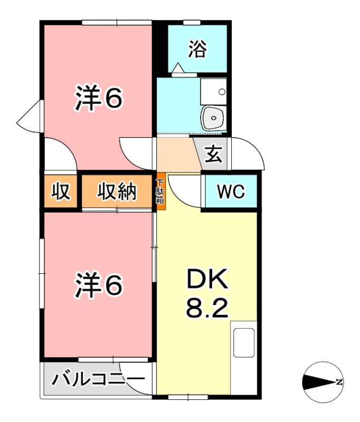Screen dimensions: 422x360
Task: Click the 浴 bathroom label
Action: click(x=197, y=50)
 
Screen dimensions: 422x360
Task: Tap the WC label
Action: click(x=231, y=192)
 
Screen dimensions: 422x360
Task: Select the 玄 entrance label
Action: click(x=213, y=155)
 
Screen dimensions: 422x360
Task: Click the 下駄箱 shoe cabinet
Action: click(x=160, y=193)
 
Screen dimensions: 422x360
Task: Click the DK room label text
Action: click(x=207, y=280)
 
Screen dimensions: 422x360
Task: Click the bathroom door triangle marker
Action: click(x=178, y=68)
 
